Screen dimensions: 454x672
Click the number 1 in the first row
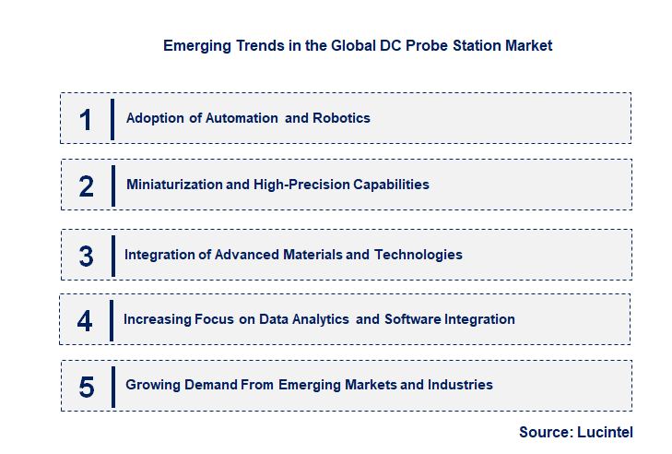coord(87,119)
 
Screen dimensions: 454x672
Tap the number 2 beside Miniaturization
coord(87,185)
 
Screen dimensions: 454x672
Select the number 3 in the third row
coord(87,256)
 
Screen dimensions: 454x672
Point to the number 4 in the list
coord(86,321)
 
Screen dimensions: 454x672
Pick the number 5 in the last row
coord(87,387)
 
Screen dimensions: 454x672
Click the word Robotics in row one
coord(341,118)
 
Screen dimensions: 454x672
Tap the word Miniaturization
coord(174,185)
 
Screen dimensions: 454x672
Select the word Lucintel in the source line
coord(605,432)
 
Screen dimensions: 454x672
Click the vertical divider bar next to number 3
coord(113,255)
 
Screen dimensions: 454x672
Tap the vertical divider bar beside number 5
coord(113,386)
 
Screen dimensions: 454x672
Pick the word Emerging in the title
coord(195,45)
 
